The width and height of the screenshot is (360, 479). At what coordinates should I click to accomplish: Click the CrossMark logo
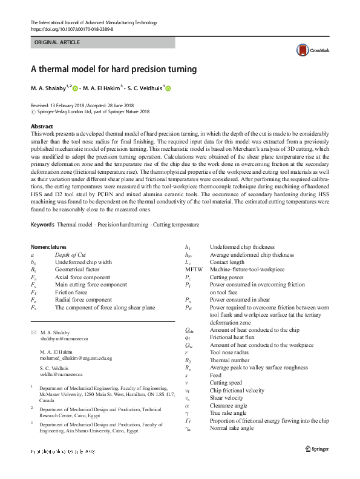point(309,51)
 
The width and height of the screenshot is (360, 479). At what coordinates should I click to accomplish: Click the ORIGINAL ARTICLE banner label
point(56,43)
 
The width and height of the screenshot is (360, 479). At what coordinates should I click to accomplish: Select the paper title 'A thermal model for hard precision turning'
point(113,69)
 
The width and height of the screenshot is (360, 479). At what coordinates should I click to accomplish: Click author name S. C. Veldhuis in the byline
point(145,88)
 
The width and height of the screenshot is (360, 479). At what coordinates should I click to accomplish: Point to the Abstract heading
point(42,126)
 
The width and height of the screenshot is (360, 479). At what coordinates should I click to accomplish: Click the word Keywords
point(42,225)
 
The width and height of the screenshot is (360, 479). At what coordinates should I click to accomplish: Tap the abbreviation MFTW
point(193,269)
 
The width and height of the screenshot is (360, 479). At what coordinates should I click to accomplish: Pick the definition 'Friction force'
point(71,292)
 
